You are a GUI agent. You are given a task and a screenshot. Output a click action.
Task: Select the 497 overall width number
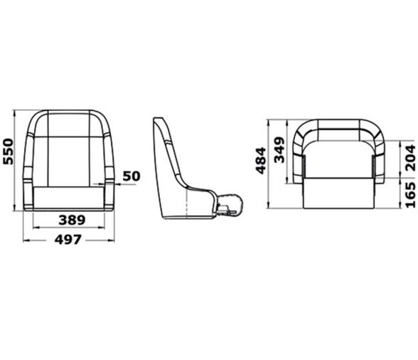pyautogui.click(x=69, y=240)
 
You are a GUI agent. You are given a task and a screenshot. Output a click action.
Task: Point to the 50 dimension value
pyautogui.click(x=132, y=175)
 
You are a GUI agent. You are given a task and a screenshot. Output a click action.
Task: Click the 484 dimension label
pyautogui.click(x=260, y=161)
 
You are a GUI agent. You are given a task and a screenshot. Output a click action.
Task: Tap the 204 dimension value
pyautogui.click(x=409, y=157)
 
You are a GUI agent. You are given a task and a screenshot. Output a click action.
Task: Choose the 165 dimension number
pyautogui.click(x=409, y=194)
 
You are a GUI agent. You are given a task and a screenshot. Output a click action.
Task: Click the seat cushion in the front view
pyautogui.click(x=69, y=198)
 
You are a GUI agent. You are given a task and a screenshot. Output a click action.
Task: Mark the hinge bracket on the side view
pyautogui.click(x=229, y=208)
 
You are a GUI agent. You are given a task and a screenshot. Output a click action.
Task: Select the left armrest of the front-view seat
pyautogui.click(x=28, y=186)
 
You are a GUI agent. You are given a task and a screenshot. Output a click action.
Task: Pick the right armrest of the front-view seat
pyautogui.click(x=109, y=186)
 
